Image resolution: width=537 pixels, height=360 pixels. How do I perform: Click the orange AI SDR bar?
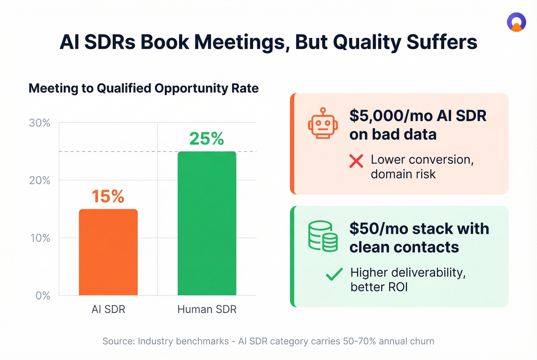[x=108, y=252]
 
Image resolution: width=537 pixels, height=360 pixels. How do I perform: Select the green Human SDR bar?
[x=207, y=224]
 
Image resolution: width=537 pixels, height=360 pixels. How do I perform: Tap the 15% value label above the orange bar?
[x=108, y=197]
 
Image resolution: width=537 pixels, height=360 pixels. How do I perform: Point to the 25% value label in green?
[x=206, y=139]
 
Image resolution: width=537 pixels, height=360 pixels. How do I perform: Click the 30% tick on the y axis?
[x=40, y=123]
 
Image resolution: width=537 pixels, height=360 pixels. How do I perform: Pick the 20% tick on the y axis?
[x=40, y=181]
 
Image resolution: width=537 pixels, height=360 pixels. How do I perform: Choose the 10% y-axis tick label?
[x=40, y=238]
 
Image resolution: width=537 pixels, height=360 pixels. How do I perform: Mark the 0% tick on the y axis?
[x=43, y=296]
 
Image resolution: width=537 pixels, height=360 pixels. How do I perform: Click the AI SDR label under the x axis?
[x=108, y=309]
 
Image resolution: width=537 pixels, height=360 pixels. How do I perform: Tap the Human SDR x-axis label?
[x=207, y=309]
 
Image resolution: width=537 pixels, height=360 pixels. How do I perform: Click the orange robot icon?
[x=323, y=123]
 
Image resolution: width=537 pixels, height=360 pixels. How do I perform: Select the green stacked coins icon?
[x=323, y=236]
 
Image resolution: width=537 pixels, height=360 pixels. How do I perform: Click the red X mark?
[x=356, y=161]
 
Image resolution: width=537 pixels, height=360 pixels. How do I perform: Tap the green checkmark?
[x=334, y=274]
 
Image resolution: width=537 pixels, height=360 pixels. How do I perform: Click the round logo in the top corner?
[x=516, y=22]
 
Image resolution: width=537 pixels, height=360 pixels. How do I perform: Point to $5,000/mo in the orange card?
[x=388, y=116]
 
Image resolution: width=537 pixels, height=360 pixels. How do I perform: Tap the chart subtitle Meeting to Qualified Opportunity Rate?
[x=143, y=88]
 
